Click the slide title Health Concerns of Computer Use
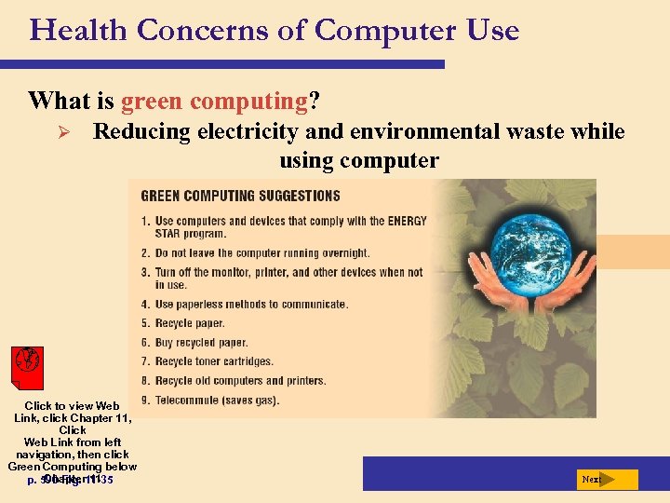pos(275,30)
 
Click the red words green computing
pos(214,100)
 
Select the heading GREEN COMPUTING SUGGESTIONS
pos(240,197)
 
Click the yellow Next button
pos(606,480)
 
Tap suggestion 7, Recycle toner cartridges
pos(214,361)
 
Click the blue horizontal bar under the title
pos(223,64)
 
